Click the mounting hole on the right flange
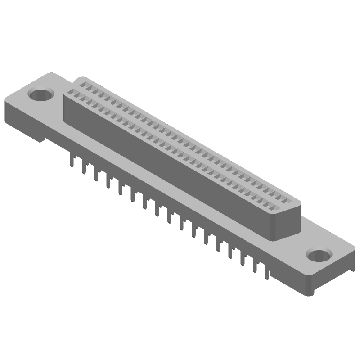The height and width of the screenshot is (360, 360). [x=319, y=255]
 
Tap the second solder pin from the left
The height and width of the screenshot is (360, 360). [x=84, y=168]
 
